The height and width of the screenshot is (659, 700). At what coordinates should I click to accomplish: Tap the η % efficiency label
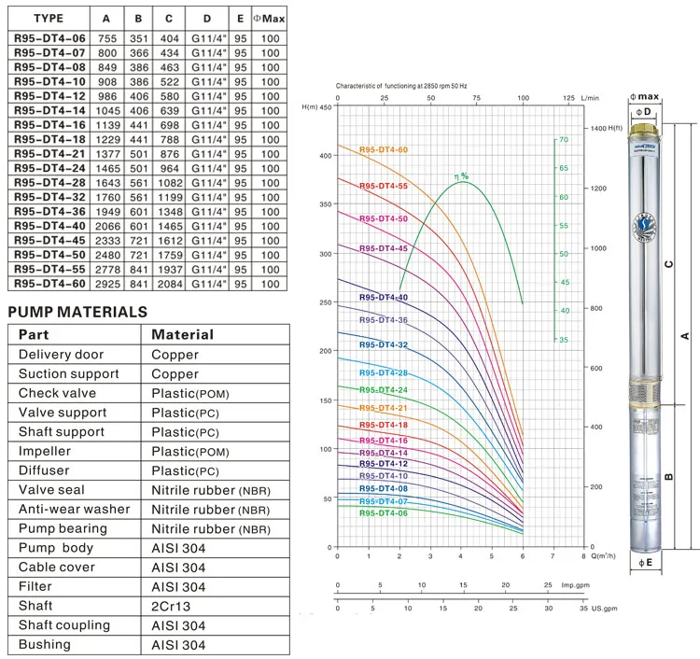coord(461,175)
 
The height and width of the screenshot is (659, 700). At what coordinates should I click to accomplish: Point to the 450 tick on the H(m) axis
coord(325,107)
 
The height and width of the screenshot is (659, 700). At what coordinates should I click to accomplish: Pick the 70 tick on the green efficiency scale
coord(563,140)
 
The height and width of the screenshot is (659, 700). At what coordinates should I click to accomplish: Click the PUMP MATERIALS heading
coord(77,312)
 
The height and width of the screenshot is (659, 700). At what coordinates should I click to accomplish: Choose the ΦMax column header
coord(271,18)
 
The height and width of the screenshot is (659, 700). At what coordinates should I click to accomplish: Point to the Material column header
coord(183,334)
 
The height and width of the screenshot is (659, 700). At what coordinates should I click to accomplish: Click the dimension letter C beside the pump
coord(667,263)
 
